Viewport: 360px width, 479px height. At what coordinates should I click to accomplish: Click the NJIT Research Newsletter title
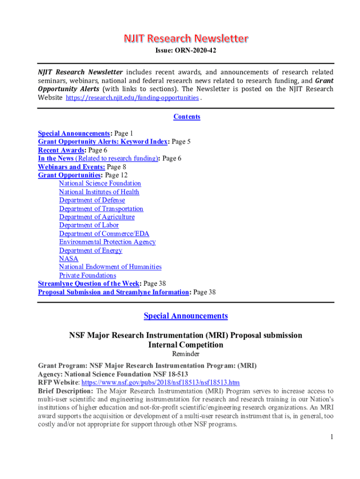186,38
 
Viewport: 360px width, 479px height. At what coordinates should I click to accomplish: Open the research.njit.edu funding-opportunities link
132,98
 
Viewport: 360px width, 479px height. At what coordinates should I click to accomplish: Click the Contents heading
187,116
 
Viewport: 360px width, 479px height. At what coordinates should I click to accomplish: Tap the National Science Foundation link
100,183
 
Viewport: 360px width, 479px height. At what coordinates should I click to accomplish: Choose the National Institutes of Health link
99,192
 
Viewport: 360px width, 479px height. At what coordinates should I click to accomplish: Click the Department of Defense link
92,200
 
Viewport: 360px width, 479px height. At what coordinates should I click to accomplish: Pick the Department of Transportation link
101,209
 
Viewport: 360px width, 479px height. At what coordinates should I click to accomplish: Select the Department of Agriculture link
96,217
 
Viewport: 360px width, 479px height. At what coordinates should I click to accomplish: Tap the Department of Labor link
89,225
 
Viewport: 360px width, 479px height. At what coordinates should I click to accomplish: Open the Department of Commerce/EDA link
104,233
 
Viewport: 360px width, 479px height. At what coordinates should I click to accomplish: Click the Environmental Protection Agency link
107,242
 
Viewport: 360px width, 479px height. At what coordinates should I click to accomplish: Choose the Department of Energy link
90,250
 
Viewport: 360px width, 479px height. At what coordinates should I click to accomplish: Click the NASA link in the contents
68,259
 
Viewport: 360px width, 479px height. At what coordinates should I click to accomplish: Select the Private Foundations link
87,276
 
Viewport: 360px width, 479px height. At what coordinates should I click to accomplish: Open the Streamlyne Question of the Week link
88,283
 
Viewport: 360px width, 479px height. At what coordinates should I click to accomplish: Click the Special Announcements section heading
186,316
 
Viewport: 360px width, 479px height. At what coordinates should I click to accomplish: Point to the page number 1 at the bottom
331,437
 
